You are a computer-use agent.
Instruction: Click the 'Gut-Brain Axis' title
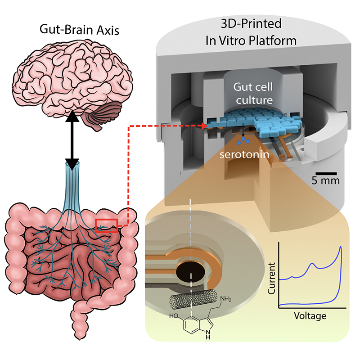click(79, 30)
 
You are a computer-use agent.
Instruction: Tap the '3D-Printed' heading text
click(251, 23)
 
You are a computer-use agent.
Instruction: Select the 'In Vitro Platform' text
click(251, 40)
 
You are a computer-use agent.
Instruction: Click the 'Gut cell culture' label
click(253, 94)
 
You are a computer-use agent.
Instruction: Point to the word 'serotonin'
click(244, 154)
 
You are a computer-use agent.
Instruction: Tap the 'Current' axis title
click(272, 278)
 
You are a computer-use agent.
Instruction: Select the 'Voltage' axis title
click(310, 316)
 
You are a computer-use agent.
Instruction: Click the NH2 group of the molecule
click(226, 299)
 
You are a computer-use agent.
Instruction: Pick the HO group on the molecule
click(174, 316)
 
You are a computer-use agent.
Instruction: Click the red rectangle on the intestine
click(107, 226)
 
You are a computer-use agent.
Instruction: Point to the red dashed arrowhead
click(205, 126)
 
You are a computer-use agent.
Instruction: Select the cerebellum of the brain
click(109, 112)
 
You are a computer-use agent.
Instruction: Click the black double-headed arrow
click(72, 140)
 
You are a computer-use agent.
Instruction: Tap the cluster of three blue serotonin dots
click(243, 140)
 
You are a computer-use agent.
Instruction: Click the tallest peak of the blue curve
click(341, 247)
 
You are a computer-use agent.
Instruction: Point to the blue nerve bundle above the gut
click(72, 186)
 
